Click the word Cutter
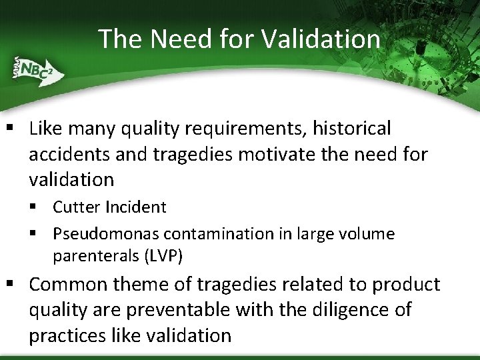point(74,207)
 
